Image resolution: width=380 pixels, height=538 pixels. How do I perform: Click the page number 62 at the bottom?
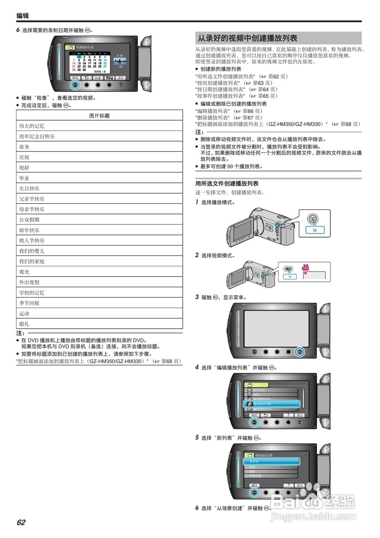coord(21,522)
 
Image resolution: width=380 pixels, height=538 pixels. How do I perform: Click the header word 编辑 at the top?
coord(23,16)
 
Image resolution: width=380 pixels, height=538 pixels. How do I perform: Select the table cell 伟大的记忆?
coord(31,126)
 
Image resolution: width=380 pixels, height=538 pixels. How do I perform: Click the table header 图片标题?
coord(100,116)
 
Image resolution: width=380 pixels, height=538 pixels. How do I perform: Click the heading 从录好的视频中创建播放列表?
coord(248,38)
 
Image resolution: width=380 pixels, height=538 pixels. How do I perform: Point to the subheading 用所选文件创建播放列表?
coord(227,184)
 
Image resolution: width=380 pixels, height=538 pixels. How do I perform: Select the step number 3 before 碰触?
coord(197,297)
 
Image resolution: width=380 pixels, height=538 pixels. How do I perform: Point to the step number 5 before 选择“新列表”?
coord(197,438)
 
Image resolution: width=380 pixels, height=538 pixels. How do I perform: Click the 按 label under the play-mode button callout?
coord(315,230)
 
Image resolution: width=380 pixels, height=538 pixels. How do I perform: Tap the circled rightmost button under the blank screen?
coord(299,352)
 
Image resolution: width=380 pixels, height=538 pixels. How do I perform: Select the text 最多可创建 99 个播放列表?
coord(231,166)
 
